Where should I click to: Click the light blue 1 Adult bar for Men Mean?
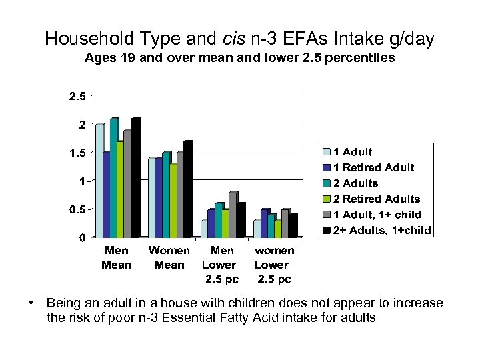click(x=99, y=181)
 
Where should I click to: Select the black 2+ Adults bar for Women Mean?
click(x=187, y=189)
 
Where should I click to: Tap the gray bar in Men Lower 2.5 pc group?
click(x=232, y=215)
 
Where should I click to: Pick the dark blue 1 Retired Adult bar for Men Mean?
click(x=106, y=195)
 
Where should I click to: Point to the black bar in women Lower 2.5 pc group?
click(x=293, y=225)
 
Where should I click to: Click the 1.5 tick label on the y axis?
click(x=77, y=153)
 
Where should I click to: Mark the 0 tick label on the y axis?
click(x=81, y=237)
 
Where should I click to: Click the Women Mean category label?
click(x=169, y=257)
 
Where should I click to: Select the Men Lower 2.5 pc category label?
click(x=222, y=265)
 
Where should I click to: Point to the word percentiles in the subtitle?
click(x=364, y=59)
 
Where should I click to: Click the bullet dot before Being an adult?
click(x=31, y=303)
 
